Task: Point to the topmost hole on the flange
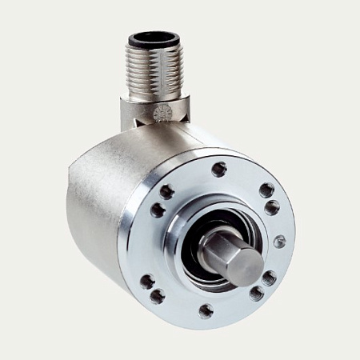point(218,169)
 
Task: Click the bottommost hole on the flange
point(206,310)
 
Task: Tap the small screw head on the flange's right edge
point(278,241)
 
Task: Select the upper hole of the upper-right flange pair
point(266,190)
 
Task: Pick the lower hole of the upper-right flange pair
point(272,207)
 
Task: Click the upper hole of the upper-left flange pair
point(166,191)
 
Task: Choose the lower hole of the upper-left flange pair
point(158,210)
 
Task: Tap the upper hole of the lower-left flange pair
point(147,281)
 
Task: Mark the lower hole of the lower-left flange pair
point(158,297)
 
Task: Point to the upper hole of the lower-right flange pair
point(269,278)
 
